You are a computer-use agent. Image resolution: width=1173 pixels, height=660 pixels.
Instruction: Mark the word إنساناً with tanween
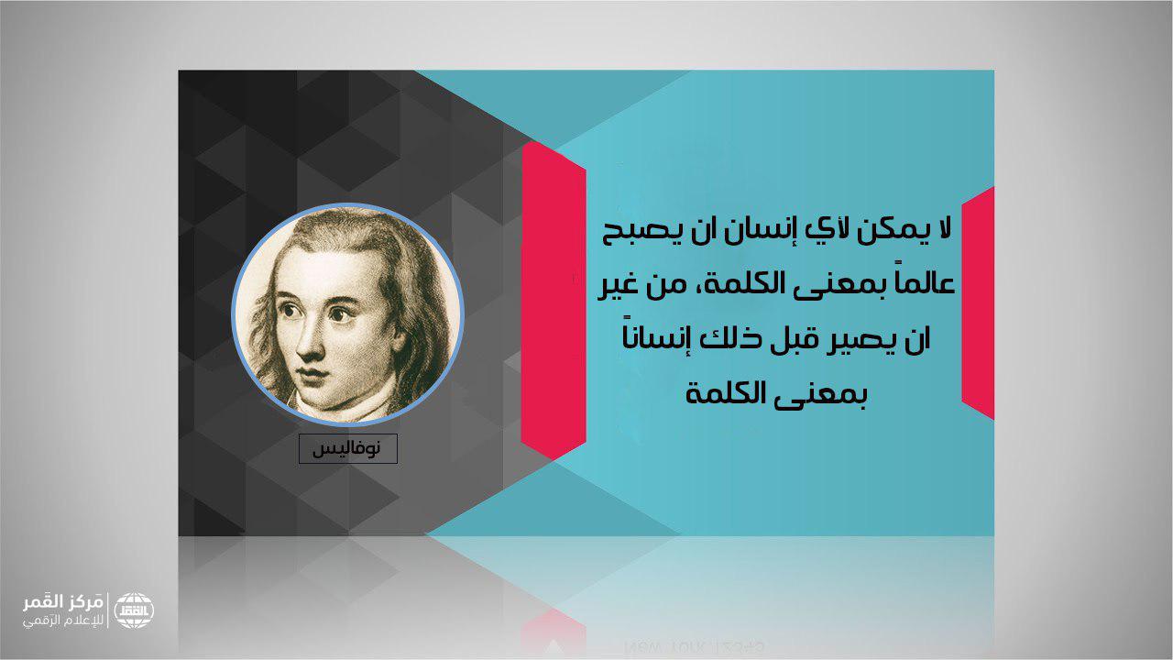point(651,337)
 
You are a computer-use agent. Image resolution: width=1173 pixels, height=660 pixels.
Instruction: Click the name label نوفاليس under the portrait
point(347,448)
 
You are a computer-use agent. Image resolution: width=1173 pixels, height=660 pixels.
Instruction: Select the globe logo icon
point(134,610)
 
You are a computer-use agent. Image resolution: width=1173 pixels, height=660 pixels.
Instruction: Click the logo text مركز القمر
point(62,604)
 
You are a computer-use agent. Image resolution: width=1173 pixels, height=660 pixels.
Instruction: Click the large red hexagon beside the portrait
point(553,300)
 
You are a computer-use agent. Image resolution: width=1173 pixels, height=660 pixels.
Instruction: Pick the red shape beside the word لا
point(978,302)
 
